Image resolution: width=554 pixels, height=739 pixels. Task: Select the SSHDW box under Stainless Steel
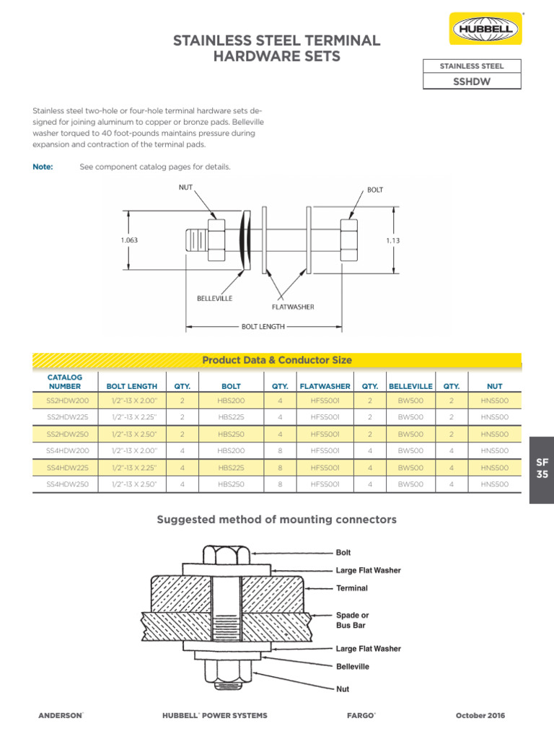click(472, 82)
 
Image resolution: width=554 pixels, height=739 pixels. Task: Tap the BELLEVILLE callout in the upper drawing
click(215, 299)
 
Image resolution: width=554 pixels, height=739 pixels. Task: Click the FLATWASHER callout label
click(292, 307)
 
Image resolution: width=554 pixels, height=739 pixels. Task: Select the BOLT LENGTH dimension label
click(263, 326)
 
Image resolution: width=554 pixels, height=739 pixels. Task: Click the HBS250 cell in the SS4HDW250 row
click(231, 484)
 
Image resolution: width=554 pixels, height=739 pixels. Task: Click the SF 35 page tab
click(542, 468)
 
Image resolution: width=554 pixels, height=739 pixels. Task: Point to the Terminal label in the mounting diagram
click(352, 588)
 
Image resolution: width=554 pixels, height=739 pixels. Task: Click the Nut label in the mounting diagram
click(343, 689)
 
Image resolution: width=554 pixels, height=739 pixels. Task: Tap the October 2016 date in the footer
click(480, 715)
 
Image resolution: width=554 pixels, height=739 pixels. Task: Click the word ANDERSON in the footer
click(60, 715)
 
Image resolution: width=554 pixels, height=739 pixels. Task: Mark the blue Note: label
click(43, 167)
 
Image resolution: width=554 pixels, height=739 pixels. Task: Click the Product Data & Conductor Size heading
click(277, 360)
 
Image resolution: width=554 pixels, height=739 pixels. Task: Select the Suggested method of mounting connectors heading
click(277, 520)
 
